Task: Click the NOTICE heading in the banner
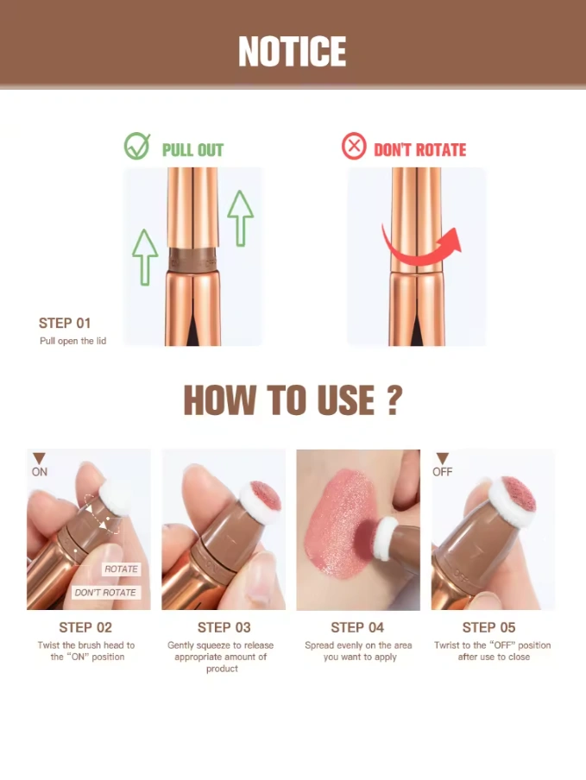(x=292, y=51)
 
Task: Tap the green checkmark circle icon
(x=137, y=146)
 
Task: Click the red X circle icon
(x=354, y=147)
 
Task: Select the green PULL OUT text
(x=192, y=150)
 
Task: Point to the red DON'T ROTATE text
(x=419, y=150)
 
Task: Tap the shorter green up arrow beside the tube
(x=145, y=257)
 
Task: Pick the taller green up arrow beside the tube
(x=240, y=218)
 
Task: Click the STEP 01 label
(x=65, y=324)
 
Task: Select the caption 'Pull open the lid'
(x=73, y=341)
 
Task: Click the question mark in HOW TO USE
(x=394, y=400)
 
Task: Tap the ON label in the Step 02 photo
(x=40, y=472)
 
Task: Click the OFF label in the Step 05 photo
(x=442, y=472)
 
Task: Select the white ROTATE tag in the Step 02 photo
(x=122, y=569)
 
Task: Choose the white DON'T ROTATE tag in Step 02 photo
(x=105, y=593)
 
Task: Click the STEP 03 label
(x=224, y=628)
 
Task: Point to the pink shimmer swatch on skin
(x=339, y=524)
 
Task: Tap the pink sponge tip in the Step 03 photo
(x=266, y=495)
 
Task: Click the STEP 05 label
(x=488, y=628)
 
